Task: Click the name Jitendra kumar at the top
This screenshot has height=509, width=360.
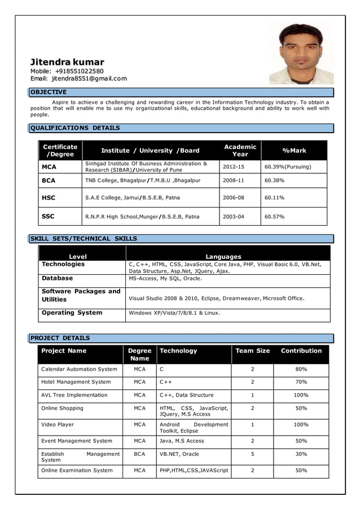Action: point(67,62)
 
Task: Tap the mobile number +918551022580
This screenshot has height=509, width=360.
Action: point(79,71)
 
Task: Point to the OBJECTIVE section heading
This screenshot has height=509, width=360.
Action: point(49,92)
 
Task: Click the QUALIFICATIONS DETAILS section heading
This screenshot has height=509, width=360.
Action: point(75,128)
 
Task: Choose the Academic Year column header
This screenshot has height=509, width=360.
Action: point(240,150)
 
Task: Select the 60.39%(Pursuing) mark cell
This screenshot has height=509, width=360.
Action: point(287,167)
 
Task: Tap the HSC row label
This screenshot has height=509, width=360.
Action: point(49,198)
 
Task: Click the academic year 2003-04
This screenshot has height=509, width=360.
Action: point(233,217)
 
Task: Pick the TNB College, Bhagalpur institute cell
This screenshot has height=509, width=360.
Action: point(143,181)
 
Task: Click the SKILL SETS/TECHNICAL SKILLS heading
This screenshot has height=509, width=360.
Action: point(84,239)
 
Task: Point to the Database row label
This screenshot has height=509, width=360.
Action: point(57,278)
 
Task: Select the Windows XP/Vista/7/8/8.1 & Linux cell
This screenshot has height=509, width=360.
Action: point(174,313)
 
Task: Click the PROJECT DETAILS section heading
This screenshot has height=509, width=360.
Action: point(60,338)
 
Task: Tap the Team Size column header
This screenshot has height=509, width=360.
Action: point(252,351)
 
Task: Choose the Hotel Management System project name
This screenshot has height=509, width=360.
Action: point(76,382)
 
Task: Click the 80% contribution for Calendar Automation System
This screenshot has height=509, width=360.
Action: point(301,369)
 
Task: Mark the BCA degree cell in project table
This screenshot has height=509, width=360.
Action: point(139,454)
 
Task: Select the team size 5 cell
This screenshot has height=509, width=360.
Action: point(252,454)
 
